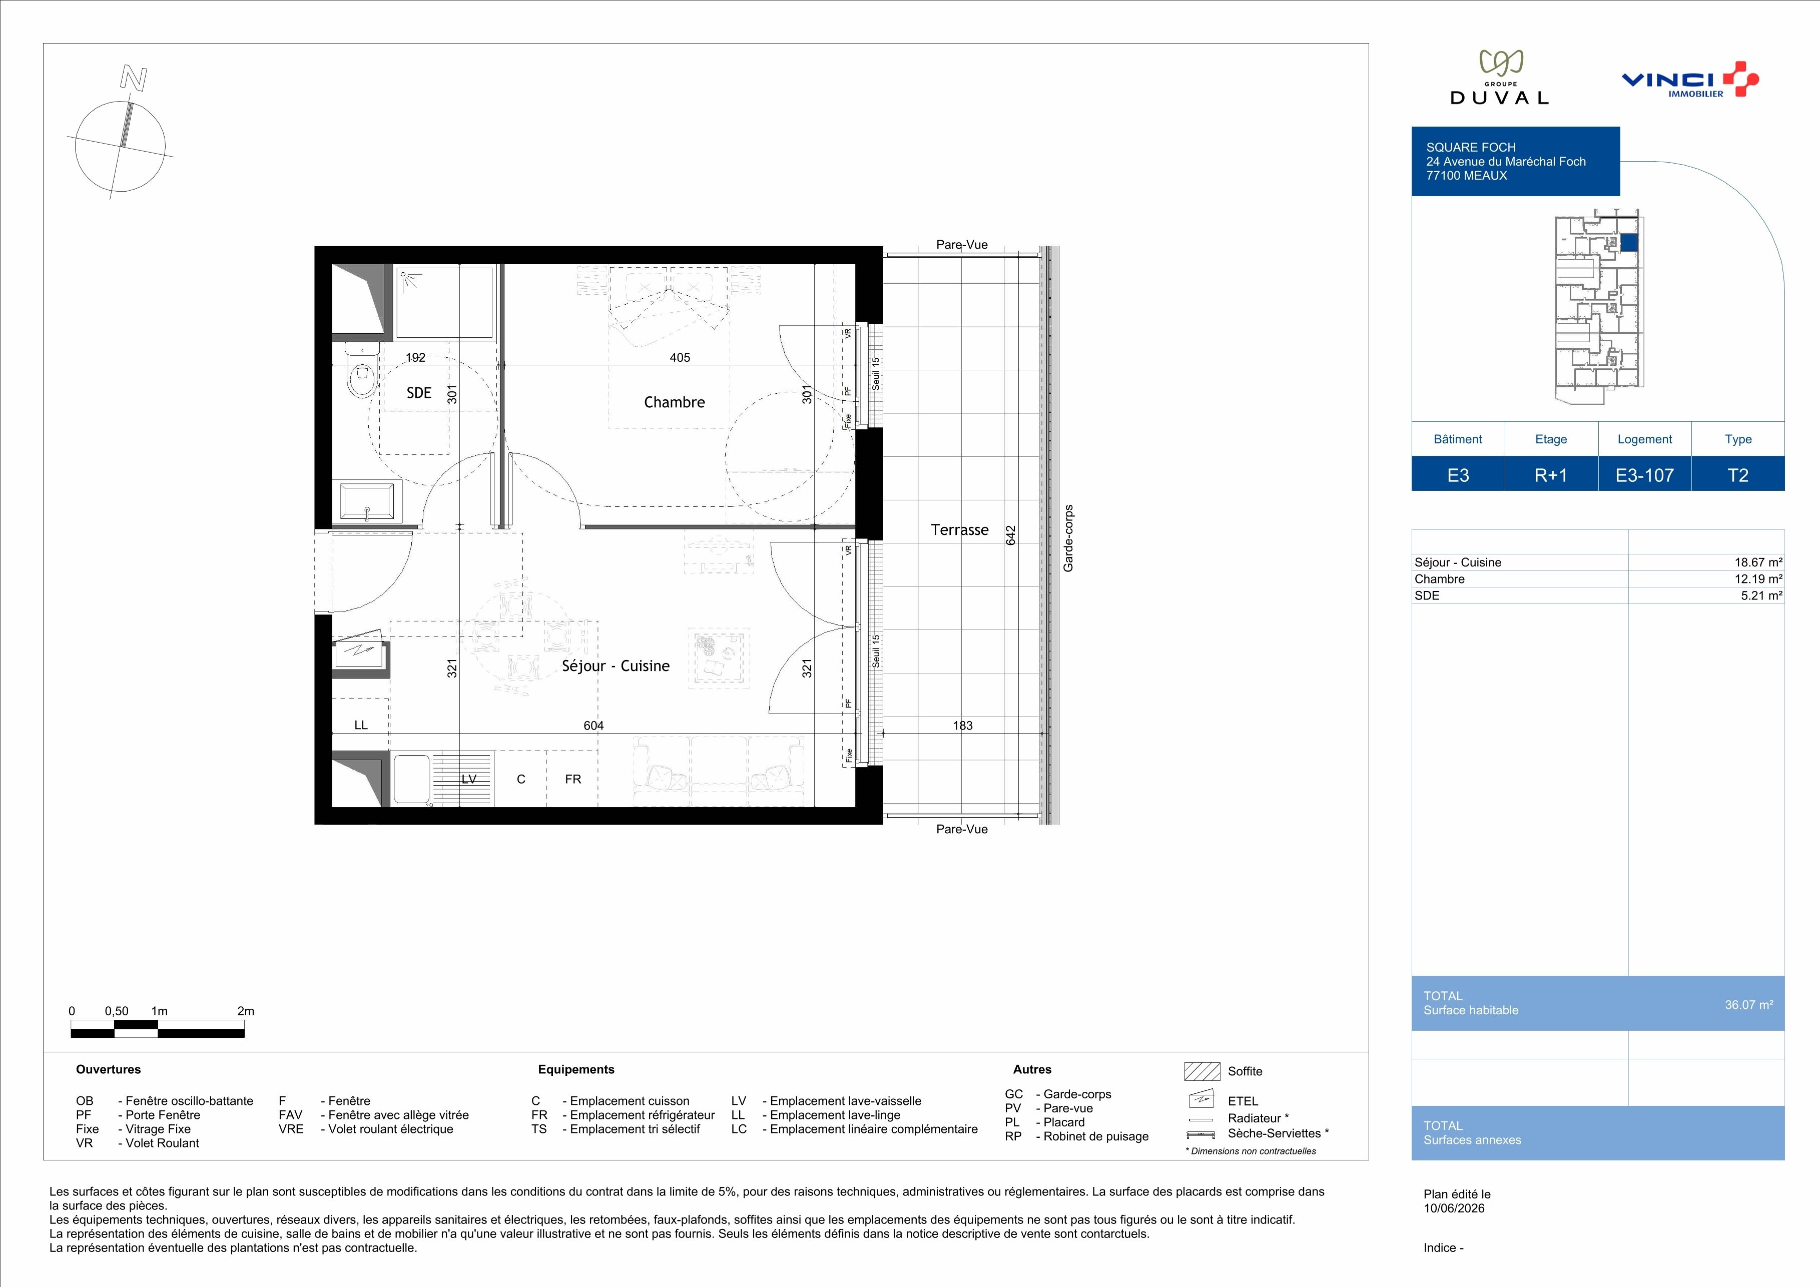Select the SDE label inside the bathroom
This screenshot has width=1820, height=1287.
[419, 393]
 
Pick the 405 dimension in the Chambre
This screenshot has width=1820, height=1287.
[680, 357]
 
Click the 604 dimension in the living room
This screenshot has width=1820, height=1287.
[593, 725]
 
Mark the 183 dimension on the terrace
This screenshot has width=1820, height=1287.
[962, 725]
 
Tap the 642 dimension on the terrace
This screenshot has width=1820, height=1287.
[1011, 536]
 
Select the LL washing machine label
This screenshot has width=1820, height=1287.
[361, 725]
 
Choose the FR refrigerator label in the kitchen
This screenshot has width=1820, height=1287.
[573, 779]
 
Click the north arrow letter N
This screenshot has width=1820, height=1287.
[133, 78]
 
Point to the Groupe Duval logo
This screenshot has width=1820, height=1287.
[1499, 78]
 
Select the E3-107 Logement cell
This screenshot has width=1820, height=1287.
[1645, 475]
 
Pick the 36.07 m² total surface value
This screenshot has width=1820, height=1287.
[1748, 1005]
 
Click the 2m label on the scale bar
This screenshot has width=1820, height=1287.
[246, 1011]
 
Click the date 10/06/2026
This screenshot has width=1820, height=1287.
[1454, 1208]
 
